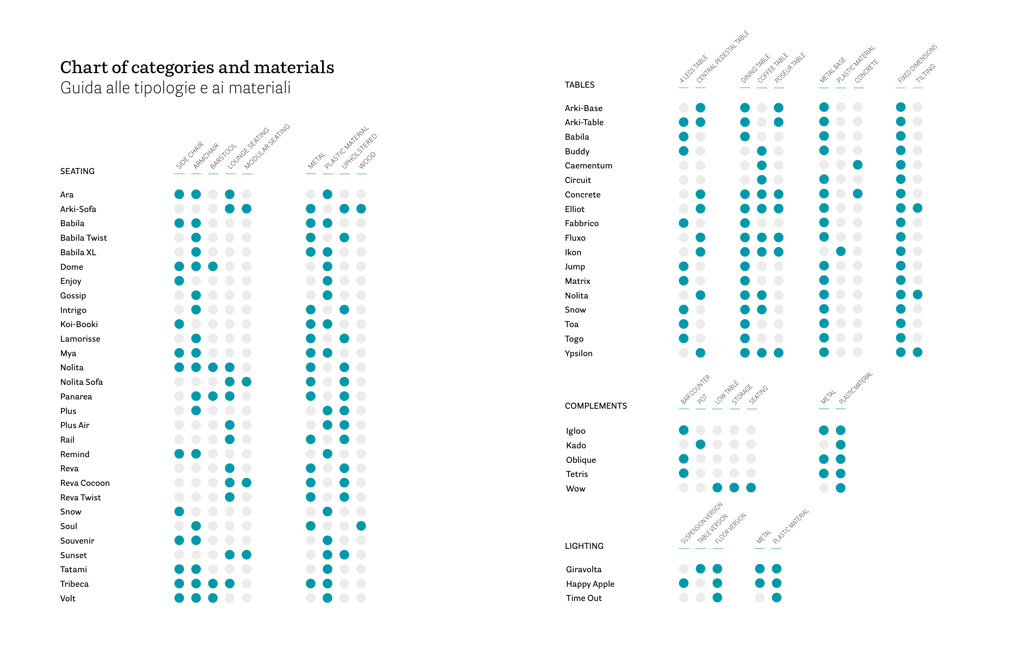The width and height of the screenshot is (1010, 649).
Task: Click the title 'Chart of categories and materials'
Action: tap(197, 67)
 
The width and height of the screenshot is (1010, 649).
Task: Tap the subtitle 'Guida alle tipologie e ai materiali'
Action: tap(175, 88)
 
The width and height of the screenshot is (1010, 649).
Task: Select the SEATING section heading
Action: tap(77, 171)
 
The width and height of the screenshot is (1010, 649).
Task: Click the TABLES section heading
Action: tap(579, 85)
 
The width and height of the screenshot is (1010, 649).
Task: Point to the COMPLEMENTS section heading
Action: tap(595, 406)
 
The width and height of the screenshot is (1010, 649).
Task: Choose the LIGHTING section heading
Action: tap(583, 546)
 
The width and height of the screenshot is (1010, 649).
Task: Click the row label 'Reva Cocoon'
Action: tap(85, 483)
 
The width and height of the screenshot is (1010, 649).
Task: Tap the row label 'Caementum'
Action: tap(588, 166)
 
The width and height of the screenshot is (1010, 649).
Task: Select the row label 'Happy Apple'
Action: tap(590, 584)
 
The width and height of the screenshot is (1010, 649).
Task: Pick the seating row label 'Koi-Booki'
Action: tap(79, 324)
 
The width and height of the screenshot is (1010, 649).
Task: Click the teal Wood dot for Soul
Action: tap(361, 526)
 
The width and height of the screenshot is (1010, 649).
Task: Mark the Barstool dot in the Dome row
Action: tap(213, 266)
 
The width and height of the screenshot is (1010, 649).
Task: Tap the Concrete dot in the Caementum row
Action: tap(857, 165)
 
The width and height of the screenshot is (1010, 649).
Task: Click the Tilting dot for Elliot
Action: tap(917, 208)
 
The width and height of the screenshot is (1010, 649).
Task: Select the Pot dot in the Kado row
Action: tap(700, 444)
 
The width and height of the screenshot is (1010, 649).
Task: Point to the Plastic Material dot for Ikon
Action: tap(841, 252)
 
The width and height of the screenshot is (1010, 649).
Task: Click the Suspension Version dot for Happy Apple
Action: tap(683, 583)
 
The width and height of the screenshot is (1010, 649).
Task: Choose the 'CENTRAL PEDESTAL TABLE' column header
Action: tap(722, 57)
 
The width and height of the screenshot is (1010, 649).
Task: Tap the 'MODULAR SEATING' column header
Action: tap(267, 146)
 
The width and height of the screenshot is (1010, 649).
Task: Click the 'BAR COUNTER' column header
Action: tap(695, 389)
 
